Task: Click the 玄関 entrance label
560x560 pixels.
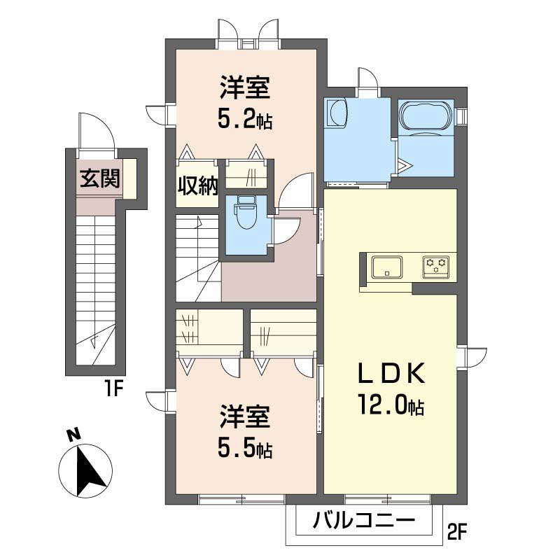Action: click(x=99, y=178)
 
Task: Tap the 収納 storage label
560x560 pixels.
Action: click(x=198, y=185)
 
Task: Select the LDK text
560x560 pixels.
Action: click(x=392, y=372)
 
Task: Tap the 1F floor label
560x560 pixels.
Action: click(x=113, y=389)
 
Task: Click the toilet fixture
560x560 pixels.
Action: click(x=244, y=213)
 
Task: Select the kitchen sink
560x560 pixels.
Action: click(x=387, y=267)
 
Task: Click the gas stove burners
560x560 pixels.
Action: click(x=436, y=266)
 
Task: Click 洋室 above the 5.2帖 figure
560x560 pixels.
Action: click(x=245, y=87)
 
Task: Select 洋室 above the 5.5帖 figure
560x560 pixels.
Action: click(x=245, y=416)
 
